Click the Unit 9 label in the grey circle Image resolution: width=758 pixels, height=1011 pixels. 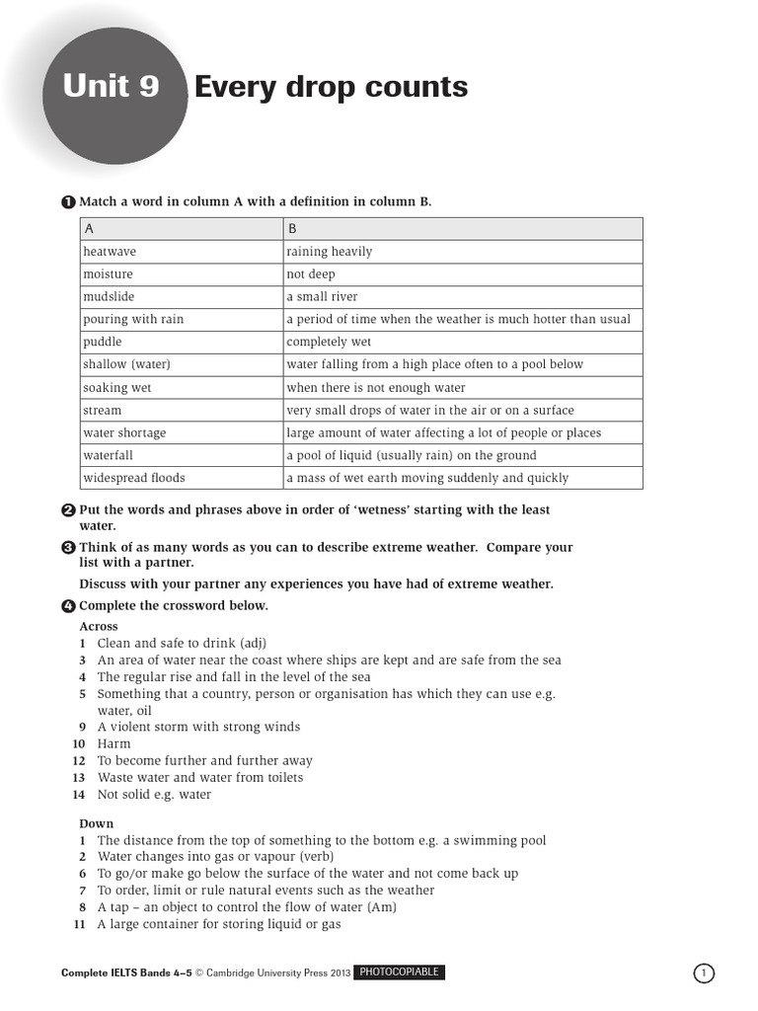coord(111,87)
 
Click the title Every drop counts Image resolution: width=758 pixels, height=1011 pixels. coord(331,87)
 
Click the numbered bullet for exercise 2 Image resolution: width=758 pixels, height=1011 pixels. coord(68,510)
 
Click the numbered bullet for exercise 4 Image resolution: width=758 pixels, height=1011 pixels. coord(68,605)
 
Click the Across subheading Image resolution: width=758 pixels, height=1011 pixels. coord(98,626)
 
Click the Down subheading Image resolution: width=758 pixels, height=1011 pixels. coord(96,823)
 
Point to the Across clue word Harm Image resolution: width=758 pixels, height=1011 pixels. coord(114,743)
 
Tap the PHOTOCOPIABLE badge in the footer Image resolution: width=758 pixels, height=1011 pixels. coord(399,972)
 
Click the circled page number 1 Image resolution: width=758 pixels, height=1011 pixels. coord(704,973)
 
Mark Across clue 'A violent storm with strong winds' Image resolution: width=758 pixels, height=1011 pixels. coord(198,727)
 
